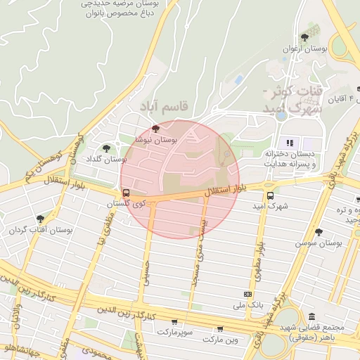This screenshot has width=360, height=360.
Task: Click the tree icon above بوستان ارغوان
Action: (x=304, y=37)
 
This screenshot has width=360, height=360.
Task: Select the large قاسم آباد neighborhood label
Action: (x=165, y=106)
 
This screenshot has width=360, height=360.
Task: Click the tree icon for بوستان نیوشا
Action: (x=155, y=129)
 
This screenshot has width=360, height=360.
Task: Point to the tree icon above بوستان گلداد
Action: (x=106, y=148)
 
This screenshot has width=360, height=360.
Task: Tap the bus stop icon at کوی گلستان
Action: (x=126, y=193)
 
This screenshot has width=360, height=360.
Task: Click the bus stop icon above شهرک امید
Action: (x=270, y=195)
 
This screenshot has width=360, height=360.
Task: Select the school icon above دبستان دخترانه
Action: (x=289, y=143)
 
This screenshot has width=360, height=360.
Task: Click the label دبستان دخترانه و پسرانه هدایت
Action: (x=290, y=159)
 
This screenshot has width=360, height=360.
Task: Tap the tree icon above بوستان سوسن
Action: (x=319, y=231)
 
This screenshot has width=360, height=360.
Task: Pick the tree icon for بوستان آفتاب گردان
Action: (x=40, y=219)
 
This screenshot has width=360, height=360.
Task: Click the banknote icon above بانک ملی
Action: (x=247, y=294)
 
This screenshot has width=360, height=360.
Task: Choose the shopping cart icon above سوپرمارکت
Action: (x=174, y=321)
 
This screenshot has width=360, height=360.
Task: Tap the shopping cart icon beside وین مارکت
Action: (x=220, y=328)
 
